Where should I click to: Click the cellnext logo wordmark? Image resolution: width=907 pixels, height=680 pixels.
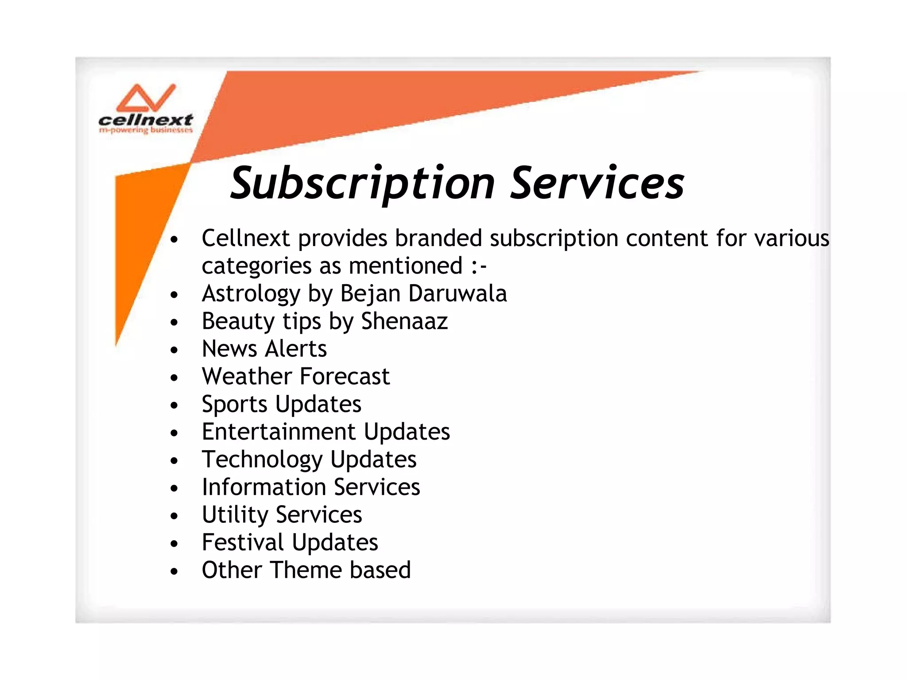click(145, 120)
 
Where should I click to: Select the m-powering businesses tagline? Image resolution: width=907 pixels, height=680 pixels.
click(146, 130)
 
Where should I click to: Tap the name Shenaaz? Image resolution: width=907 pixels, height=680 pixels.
click(404, 321)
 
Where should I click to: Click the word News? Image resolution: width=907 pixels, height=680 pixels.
click(230, 349)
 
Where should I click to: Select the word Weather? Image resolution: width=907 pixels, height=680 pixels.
click(247, 376)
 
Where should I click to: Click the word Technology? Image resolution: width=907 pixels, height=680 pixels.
click(262, 460)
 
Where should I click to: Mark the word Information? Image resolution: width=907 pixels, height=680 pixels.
click(264, 487)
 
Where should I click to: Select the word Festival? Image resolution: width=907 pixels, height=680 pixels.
click(243, 542)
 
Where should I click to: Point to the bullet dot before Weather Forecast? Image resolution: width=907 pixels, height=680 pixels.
click(174, 378)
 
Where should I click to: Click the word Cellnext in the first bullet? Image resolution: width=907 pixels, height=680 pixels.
click(246, 238)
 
